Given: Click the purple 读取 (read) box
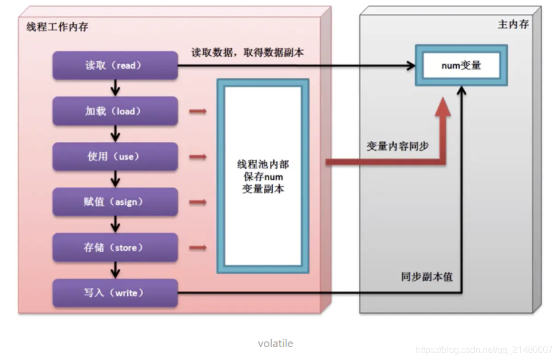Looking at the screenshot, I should coord(115,65).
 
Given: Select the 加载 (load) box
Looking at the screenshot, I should coord(115,111).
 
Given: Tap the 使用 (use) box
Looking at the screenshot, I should coord(115,156).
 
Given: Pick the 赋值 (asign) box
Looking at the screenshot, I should coord(115,202).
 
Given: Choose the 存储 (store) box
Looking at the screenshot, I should coord(115,247).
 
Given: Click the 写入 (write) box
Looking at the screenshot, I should coord(115,293).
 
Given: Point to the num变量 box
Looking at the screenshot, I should coord(461,65).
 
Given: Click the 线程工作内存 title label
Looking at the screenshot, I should coord(57,27).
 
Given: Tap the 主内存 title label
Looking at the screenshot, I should coord(513,25).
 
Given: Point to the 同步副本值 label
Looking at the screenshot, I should coord(427,277).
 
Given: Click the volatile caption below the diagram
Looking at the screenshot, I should coord(275,343).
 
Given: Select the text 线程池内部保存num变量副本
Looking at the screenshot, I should coord(263,177).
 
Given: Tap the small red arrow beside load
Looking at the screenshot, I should coord(197,111).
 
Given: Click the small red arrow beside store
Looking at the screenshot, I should coord(197,247).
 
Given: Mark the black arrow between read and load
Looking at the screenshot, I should coord(115,88).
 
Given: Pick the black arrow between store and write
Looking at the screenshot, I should coord(115,270).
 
